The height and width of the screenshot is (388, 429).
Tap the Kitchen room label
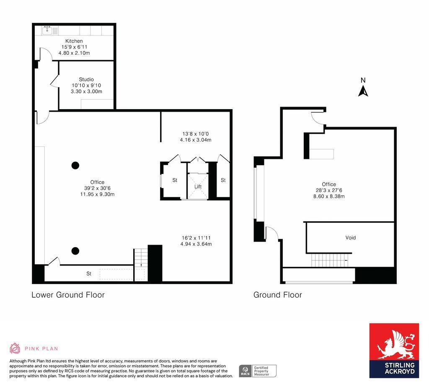coord(74,41)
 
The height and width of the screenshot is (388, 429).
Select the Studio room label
coord(86,79)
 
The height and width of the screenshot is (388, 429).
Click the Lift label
coord(198,186)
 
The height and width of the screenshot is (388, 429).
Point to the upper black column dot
coord(75,165)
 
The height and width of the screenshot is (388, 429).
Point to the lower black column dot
coord(75,251)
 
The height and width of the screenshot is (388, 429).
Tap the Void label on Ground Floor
coord(350,237)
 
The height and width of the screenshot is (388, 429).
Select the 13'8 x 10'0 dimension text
coord(195,134)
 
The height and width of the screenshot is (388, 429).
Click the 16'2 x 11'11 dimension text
coord(196,238)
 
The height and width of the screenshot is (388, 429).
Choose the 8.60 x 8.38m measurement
coord(329,196)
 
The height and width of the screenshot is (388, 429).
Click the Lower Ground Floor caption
coord(68,295)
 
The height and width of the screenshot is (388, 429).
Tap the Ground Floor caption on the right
coord(277,295)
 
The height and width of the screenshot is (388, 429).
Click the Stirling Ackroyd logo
coord(394,350)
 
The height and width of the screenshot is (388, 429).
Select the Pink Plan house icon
coord(15,348)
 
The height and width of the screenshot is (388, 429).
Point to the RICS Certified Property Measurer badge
coord(257,370)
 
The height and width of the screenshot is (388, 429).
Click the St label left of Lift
coord(175,180)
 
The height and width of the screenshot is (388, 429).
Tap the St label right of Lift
coord(223,180)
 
